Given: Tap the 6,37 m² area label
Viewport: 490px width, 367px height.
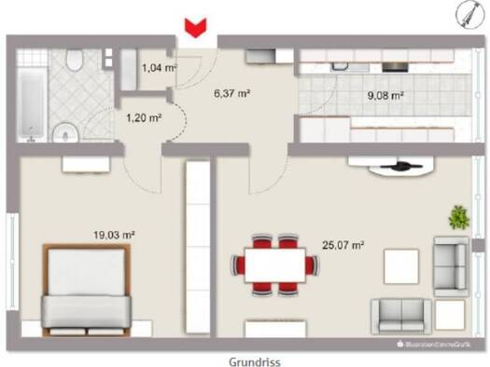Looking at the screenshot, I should click(233, 92).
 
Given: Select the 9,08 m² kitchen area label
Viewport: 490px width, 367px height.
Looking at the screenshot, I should click(385, 94).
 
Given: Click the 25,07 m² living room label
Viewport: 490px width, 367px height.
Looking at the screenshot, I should click(344, 246).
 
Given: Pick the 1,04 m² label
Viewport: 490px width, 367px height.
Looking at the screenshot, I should click(159, 67).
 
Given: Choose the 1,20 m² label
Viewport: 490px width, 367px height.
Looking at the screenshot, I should click(144, 117).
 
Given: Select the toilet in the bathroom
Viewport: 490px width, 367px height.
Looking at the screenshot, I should click(74, 61).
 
